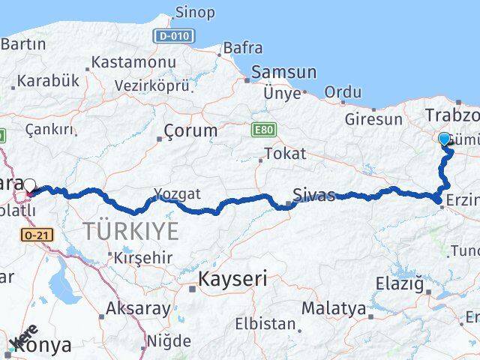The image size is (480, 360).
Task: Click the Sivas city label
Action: [315, 196]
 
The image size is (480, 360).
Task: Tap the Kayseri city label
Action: [232, 280]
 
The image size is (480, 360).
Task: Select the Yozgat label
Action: [178, 194]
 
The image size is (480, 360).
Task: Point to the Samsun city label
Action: [283, 72]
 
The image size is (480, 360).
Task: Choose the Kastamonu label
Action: [133, 62]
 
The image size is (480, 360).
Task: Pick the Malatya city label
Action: [334, 307]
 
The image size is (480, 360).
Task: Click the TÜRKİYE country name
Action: [130, 231]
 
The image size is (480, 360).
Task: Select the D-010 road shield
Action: [174, 35]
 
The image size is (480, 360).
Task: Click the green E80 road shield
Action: [263, 130]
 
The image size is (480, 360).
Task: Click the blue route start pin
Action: [444, 139]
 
